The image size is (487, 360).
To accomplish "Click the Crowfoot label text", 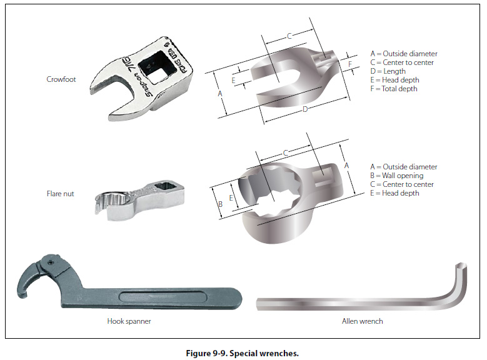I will (61, 79).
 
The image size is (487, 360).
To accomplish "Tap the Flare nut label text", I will (61, 194).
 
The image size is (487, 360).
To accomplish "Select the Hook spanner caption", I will (129, 321).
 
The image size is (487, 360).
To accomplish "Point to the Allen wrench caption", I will (363, 321).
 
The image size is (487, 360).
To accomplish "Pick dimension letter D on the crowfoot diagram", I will (305, 110).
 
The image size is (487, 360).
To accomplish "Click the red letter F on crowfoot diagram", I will (350, 64).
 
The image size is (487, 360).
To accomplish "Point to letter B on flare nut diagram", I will (219, 204).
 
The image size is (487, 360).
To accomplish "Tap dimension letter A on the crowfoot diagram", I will (219, 94).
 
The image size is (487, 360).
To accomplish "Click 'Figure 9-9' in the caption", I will (206, 353).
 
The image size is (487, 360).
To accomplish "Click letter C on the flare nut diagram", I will (286, 152).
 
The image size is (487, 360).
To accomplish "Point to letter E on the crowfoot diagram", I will (233, 80).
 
